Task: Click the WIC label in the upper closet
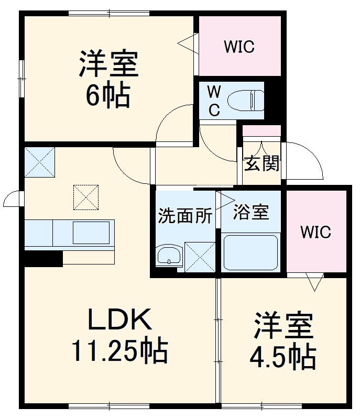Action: coord(239,47)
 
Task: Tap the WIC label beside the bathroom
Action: coord(315,231)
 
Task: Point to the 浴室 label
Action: coord(250,212)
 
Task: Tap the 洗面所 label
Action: coord(185,216)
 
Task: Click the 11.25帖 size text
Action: coord(119,351)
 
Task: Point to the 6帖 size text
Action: coord(108,95)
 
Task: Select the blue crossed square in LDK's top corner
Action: coord(40,162)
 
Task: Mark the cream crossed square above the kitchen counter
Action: coord(86,197)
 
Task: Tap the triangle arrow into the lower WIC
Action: coord(314,283)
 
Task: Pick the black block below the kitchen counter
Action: coord(43,258)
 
